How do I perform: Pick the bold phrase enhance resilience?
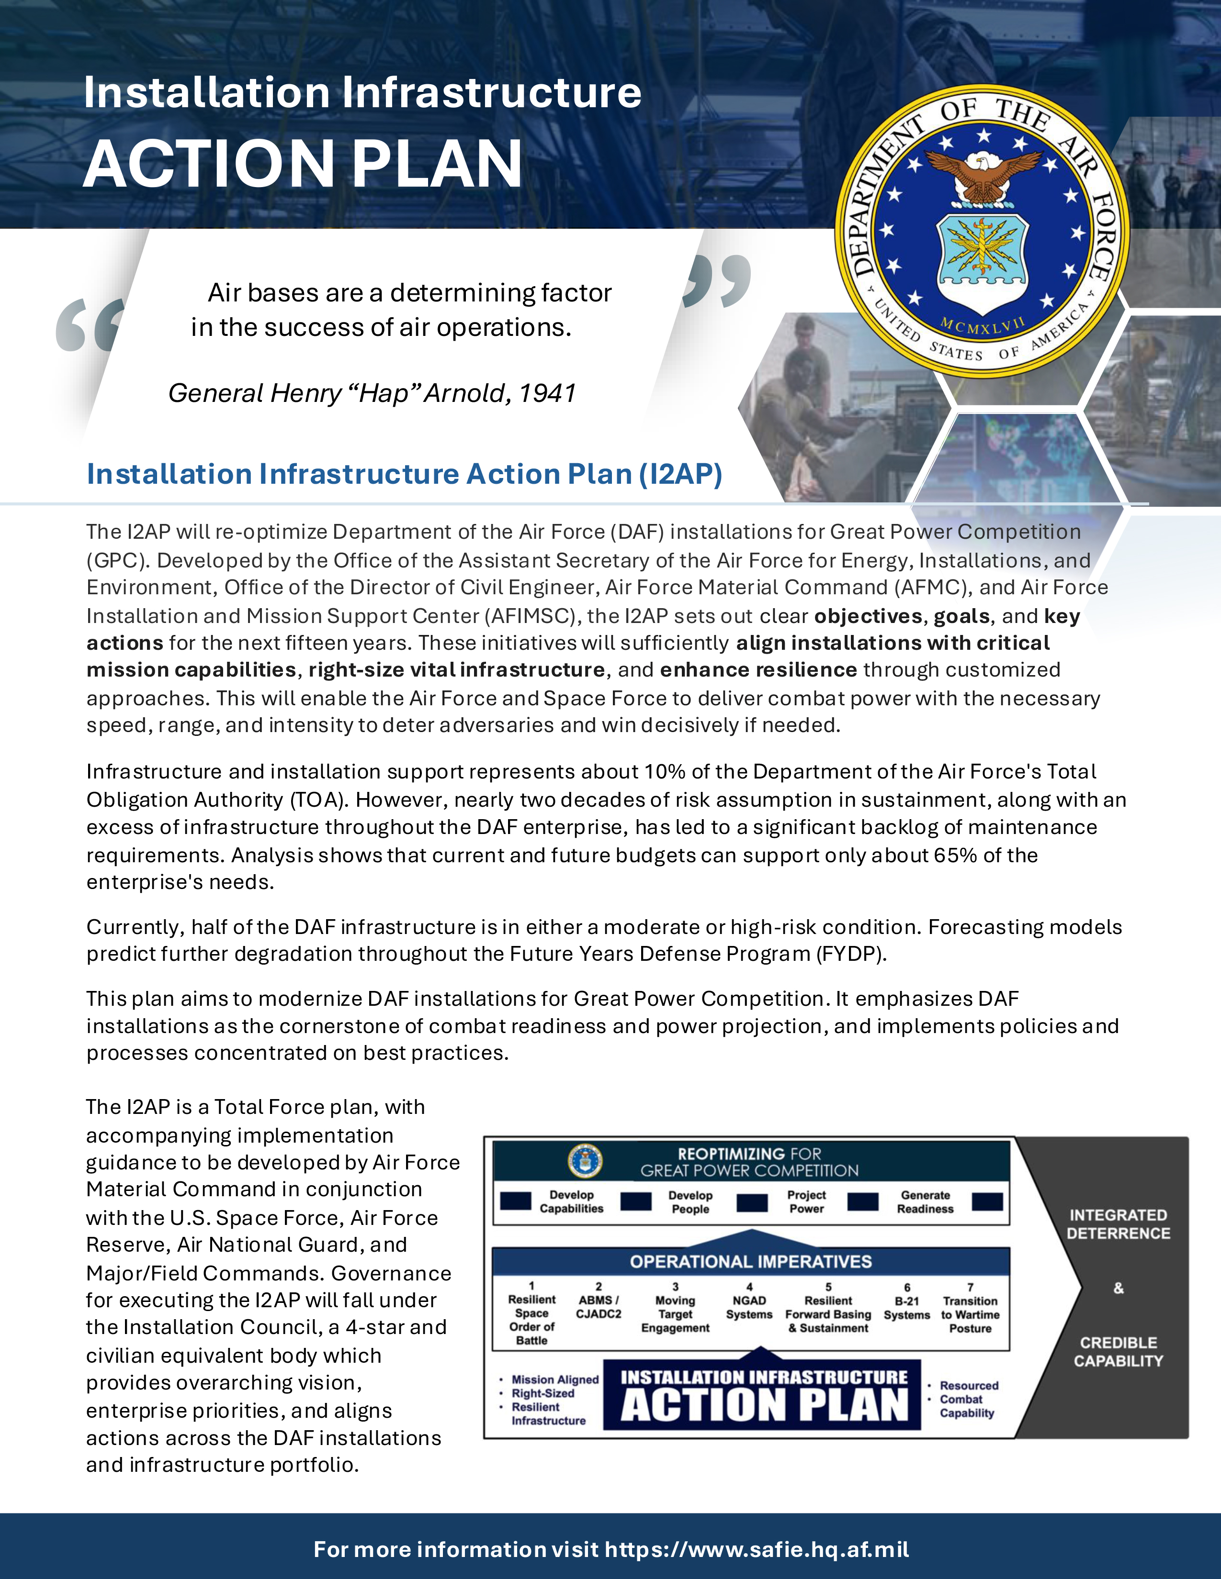758,670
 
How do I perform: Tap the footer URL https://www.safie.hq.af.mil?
757,1549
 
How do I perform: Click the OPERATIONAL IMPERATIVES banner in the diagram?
751,1262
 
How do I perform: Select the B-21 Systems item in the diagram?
906,1308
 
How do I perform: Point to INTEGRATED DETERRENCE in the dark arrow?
1118,1224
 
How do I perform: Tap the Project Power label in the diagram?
806,1201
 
